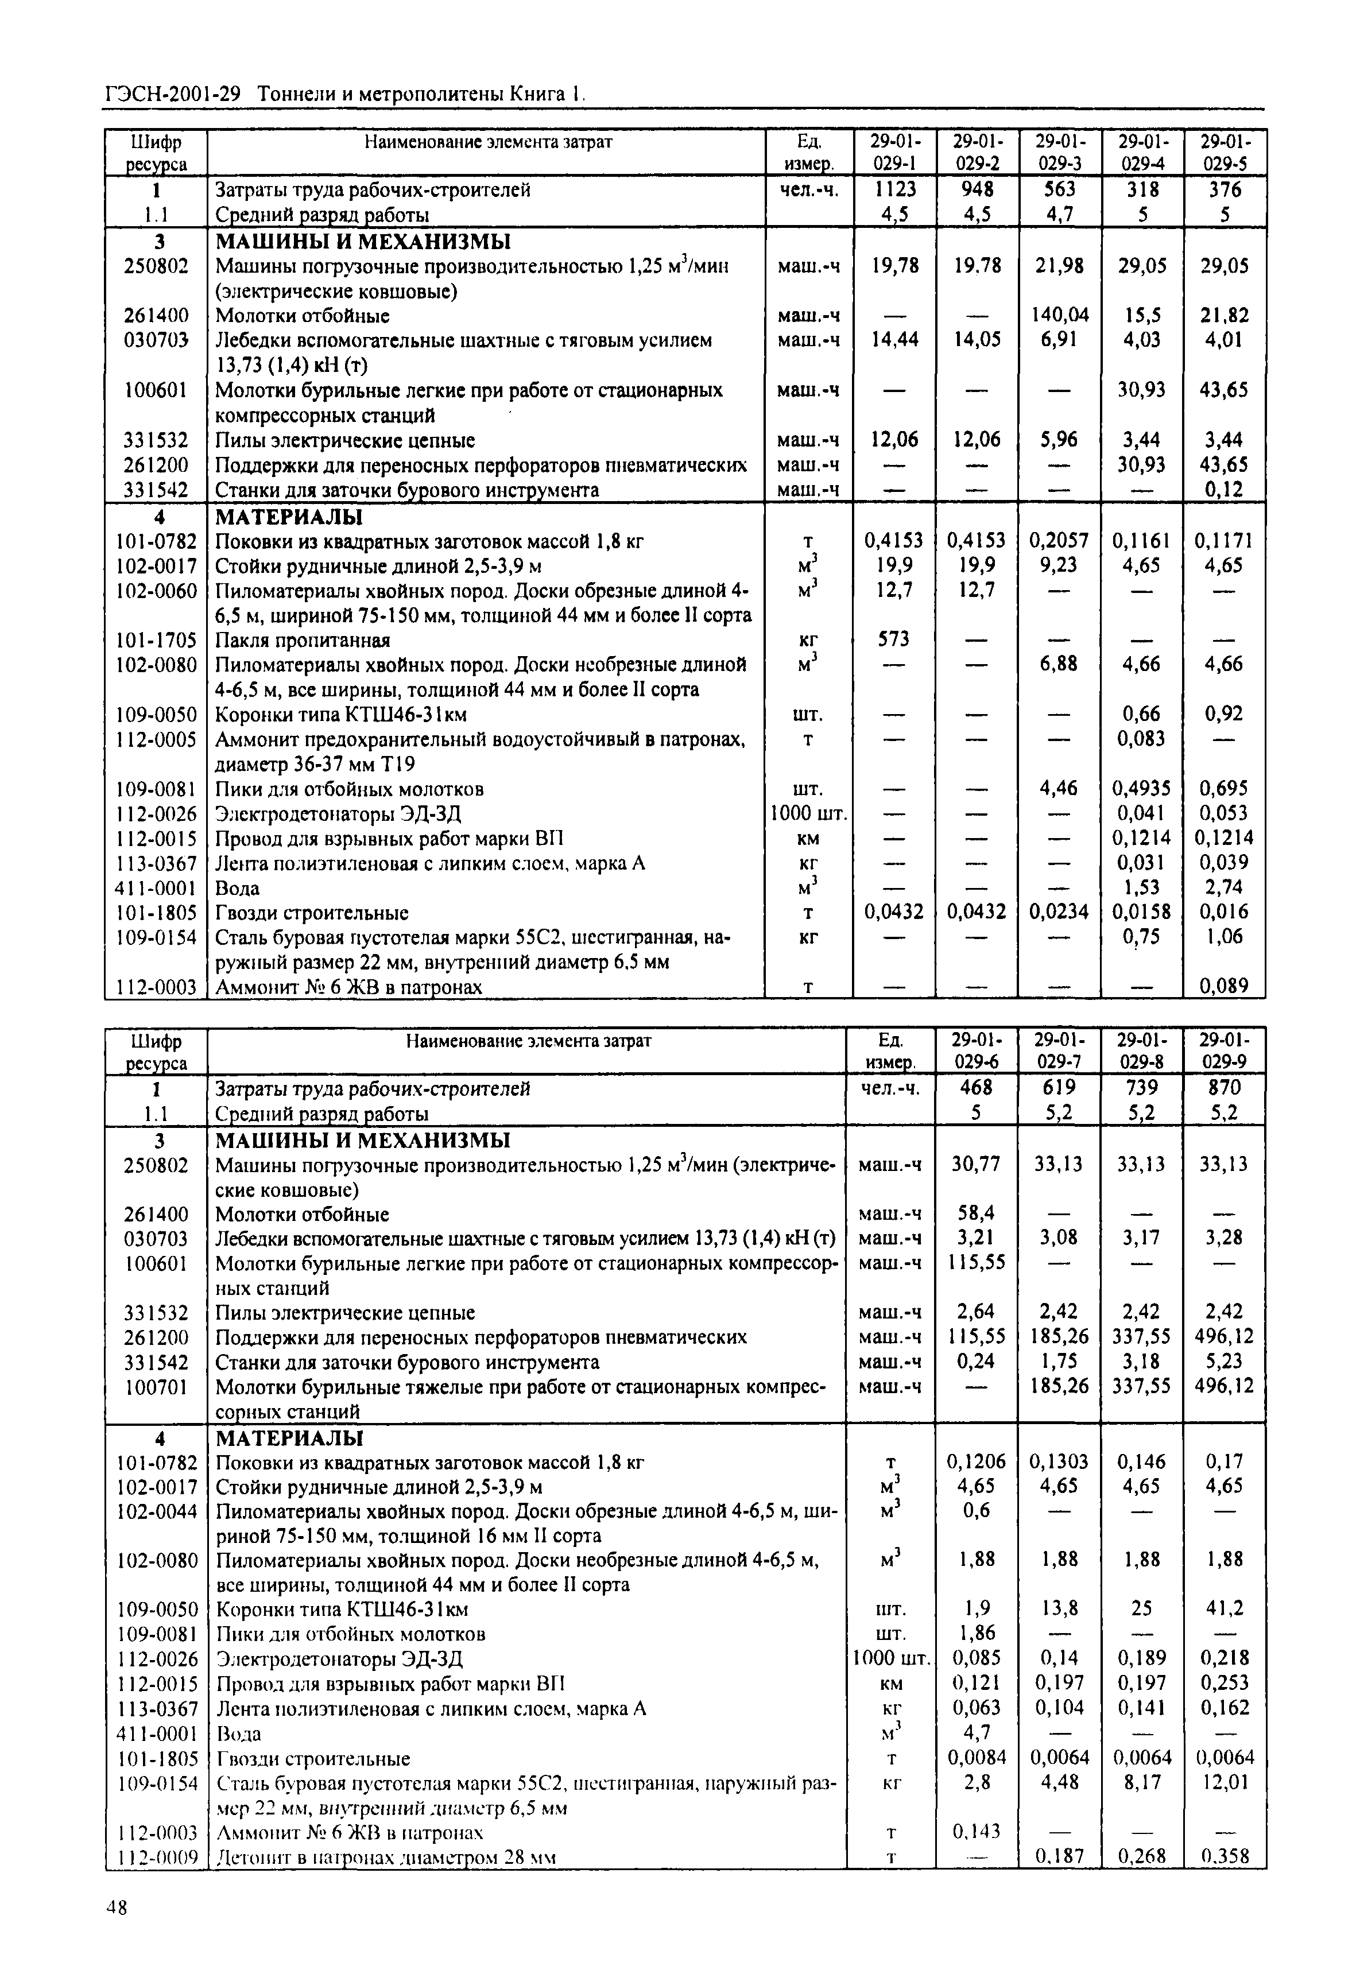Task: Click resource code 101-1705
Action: [x=156, y=640]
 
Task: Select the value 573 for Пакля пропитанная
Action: [x=894, y=640]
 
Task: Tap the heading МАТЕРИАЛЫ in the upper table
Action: [x=289, y=517]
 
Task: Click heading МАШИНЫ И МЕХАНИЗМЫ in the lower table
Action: [x=363, y=1139]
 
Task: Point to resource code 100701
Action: [x=156, y=1387]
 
